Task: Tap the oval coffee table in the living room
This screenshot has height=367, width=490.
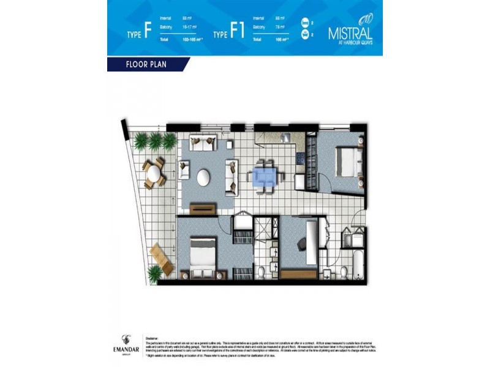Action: (x=204, y=176)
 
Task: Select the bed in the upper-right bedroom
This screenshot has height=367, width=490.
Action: (x=347, y=161)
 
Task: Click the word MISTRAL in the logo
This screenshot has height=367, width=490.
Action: (x=349, y=31)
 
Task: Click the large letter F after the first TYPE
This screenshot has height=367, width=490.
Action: (x=147, y=32)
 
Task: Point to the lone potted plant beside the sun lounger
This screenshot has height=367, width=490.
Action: (x=155, y=273)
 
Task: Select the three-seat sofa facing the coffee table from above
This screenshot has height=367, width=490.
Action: (x=203, y=144)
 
